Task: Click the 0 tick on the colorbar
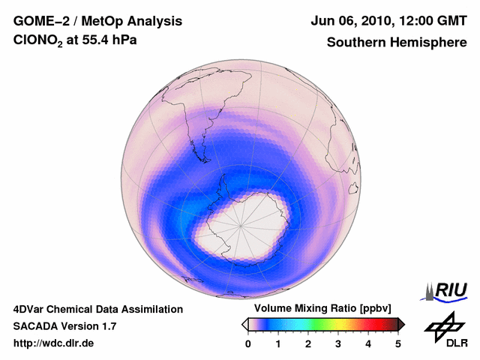(248, 343)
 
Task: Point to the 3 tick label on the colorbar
(338, 343)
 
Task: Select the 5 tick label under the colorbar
(398, 343)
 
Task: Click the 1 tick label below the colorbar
(278, 343)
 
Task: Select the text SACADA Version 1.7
(64, 326)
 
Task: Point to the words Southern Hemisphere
(397, 43)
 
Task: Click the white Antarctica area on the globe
(240, 225)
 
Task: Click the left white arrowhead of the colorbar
(244, 324)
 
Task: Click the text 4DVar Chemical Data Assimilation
(97, 309)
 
